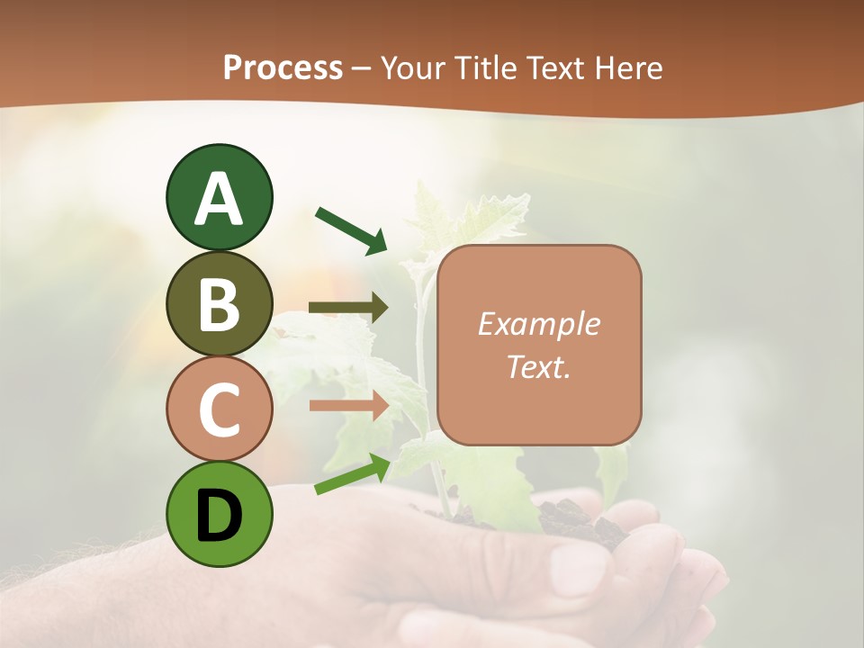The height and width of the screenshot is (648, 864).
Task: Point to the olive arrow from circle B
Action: (x=347, y=308)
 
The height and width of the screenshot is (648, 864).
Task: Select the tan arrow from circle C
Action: (x=347, y=405)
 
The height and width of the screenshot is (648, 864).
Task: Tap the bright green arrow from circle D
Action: (x=352, y=474)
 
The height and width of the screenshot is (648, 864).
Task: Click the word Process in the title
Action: (x=283, y=68)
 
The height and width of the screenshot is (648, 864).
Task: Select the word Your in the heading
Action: (x=415, y=68)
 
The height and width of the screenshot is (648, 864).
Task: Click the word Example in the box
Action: (x=538, y=324)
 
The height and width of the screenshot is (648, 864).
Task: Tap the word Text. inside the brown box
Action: (x=538, y=366)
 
